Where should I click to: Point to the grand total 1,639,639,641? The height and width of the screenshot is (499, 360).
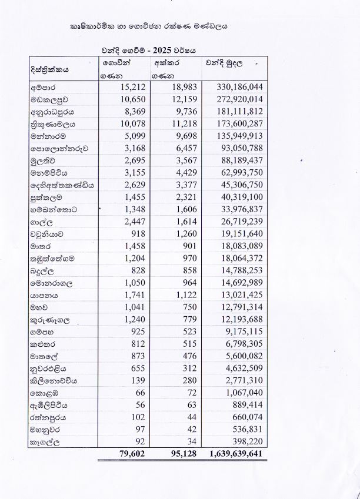click(x=235, y=454)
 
